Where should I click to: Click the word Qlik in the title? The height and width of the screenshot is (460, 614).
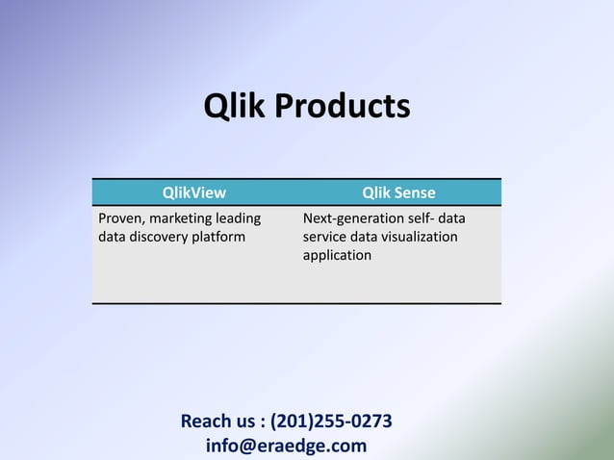click(236, 106)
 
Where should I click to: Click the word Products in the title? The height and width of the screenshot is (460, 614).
click(343, 106)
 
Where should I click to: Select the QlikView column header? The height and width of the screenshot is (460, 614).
click(193, 193)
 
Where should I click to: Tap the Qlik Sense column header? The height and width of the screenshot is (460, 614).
click(398, 193)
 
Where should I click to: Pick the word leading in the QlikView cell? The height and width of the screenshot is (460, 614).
click(239, 217)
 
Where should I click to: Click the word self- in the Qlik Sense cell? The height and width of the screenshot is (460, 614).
click(423, 217)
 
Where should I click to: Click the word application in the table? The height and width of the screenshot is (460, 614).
click(337, 256)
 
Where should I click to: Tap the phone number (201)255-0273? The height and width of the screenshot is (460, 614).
click(331, 422)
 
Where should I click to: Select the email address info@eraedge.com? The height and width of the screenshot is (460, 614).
click(286, 446)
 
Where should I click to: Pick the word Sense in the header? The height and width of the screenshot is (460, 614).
click(413, 193)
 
